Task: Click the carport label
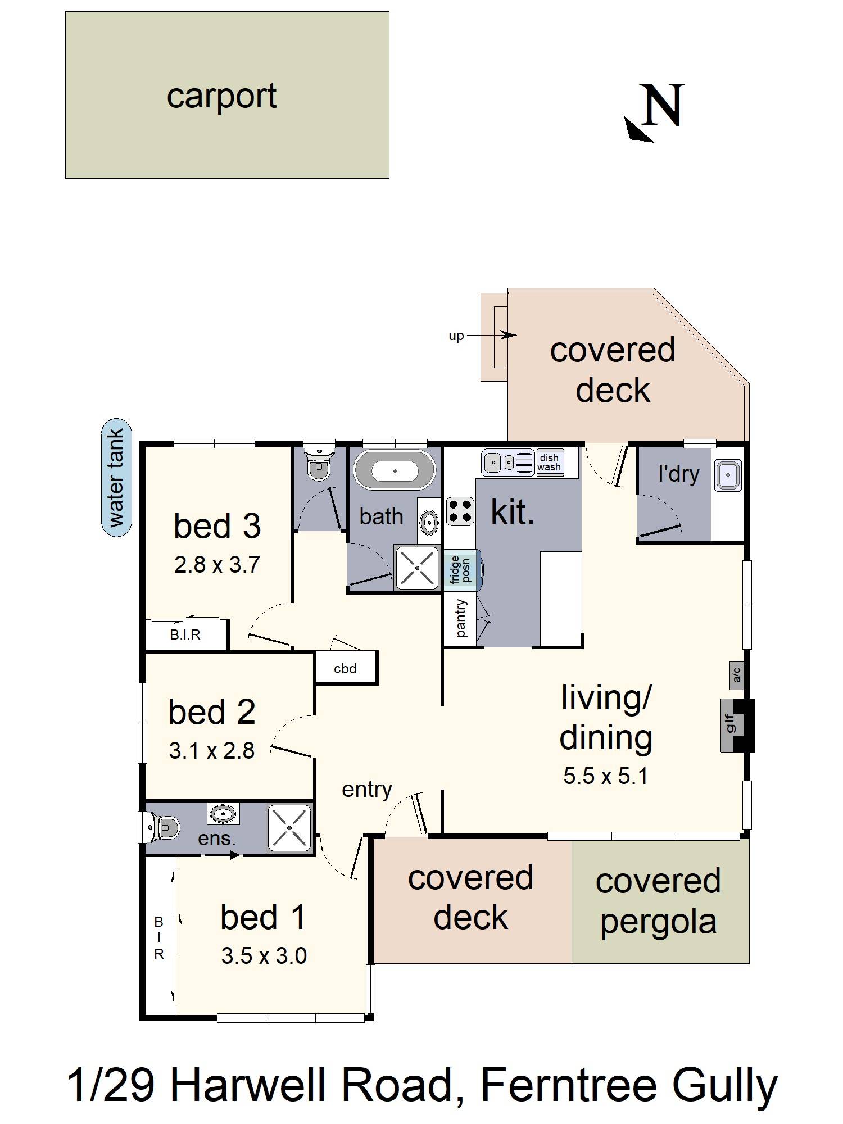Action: click(221, 96)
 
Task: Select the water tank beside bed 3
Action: click(116, 478)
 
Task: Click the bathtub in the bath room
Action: click(395, 470)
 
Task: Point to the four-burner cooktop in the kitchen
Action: click(460, 511)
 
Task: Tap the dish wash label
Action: click(549, 463)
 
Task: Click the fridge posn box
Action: click(462, 570)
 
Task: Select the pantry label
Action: click(461, 618)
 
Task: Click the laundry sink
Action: click(728, 475)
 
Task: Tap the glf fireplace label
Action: click(729, 723)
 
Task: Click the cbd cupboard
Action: click(346, 668)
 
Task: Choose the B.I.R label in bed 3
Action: click(185, 634)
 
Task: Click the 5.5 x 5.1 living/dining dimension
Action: click(605, 776)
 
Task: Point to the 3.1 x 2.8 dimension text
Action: click(212, 751)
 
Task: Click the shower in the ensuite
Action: click(289, 828)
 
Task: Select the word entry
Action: click(367, 790)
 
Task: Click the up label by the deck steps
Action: click(456, 336)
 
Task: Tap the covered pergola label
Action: click(658, 901)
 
